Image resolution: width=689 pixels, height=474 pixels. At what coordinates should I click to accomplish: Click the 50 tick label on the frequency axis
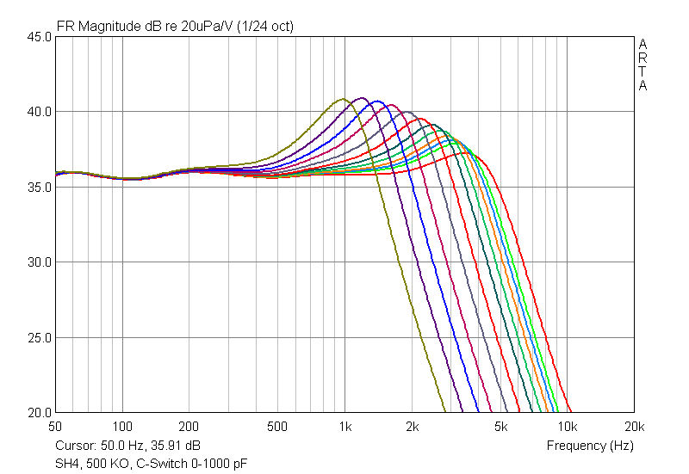click(55, 426)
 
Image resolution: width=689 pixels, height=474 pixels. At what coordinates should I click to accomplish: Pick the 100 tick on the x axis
click(122, 426)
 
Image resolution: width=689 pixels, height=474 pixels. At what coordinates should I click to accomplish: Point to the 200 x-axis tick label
click(189, 426)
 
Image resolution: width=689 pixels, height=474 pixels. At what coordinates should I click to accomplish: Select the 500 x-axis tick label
click(277, 426)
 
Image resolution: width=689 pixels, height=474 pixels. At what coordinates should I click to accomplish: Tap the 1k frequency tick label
click(344, 426)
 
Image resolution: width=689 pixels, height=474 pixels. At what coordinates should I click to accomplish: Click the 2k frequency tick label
click(412, 426)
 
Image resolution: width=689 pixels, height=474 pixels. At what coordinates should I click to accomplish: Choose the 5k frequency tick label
click(500, 426)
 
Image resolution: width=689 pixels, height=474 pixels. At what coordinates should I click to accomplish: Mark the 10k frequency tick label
click(567, 426)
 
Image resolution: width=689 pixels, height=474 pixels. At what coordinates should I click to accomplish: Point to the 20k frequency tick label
click(634, 426)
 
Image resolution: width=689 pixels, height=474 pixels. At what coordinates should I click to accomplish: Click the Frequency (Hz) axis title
click(590, 446)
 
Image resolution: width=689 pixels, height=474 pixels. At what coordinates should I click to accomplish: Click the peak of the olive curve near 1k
click(343, 99)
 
